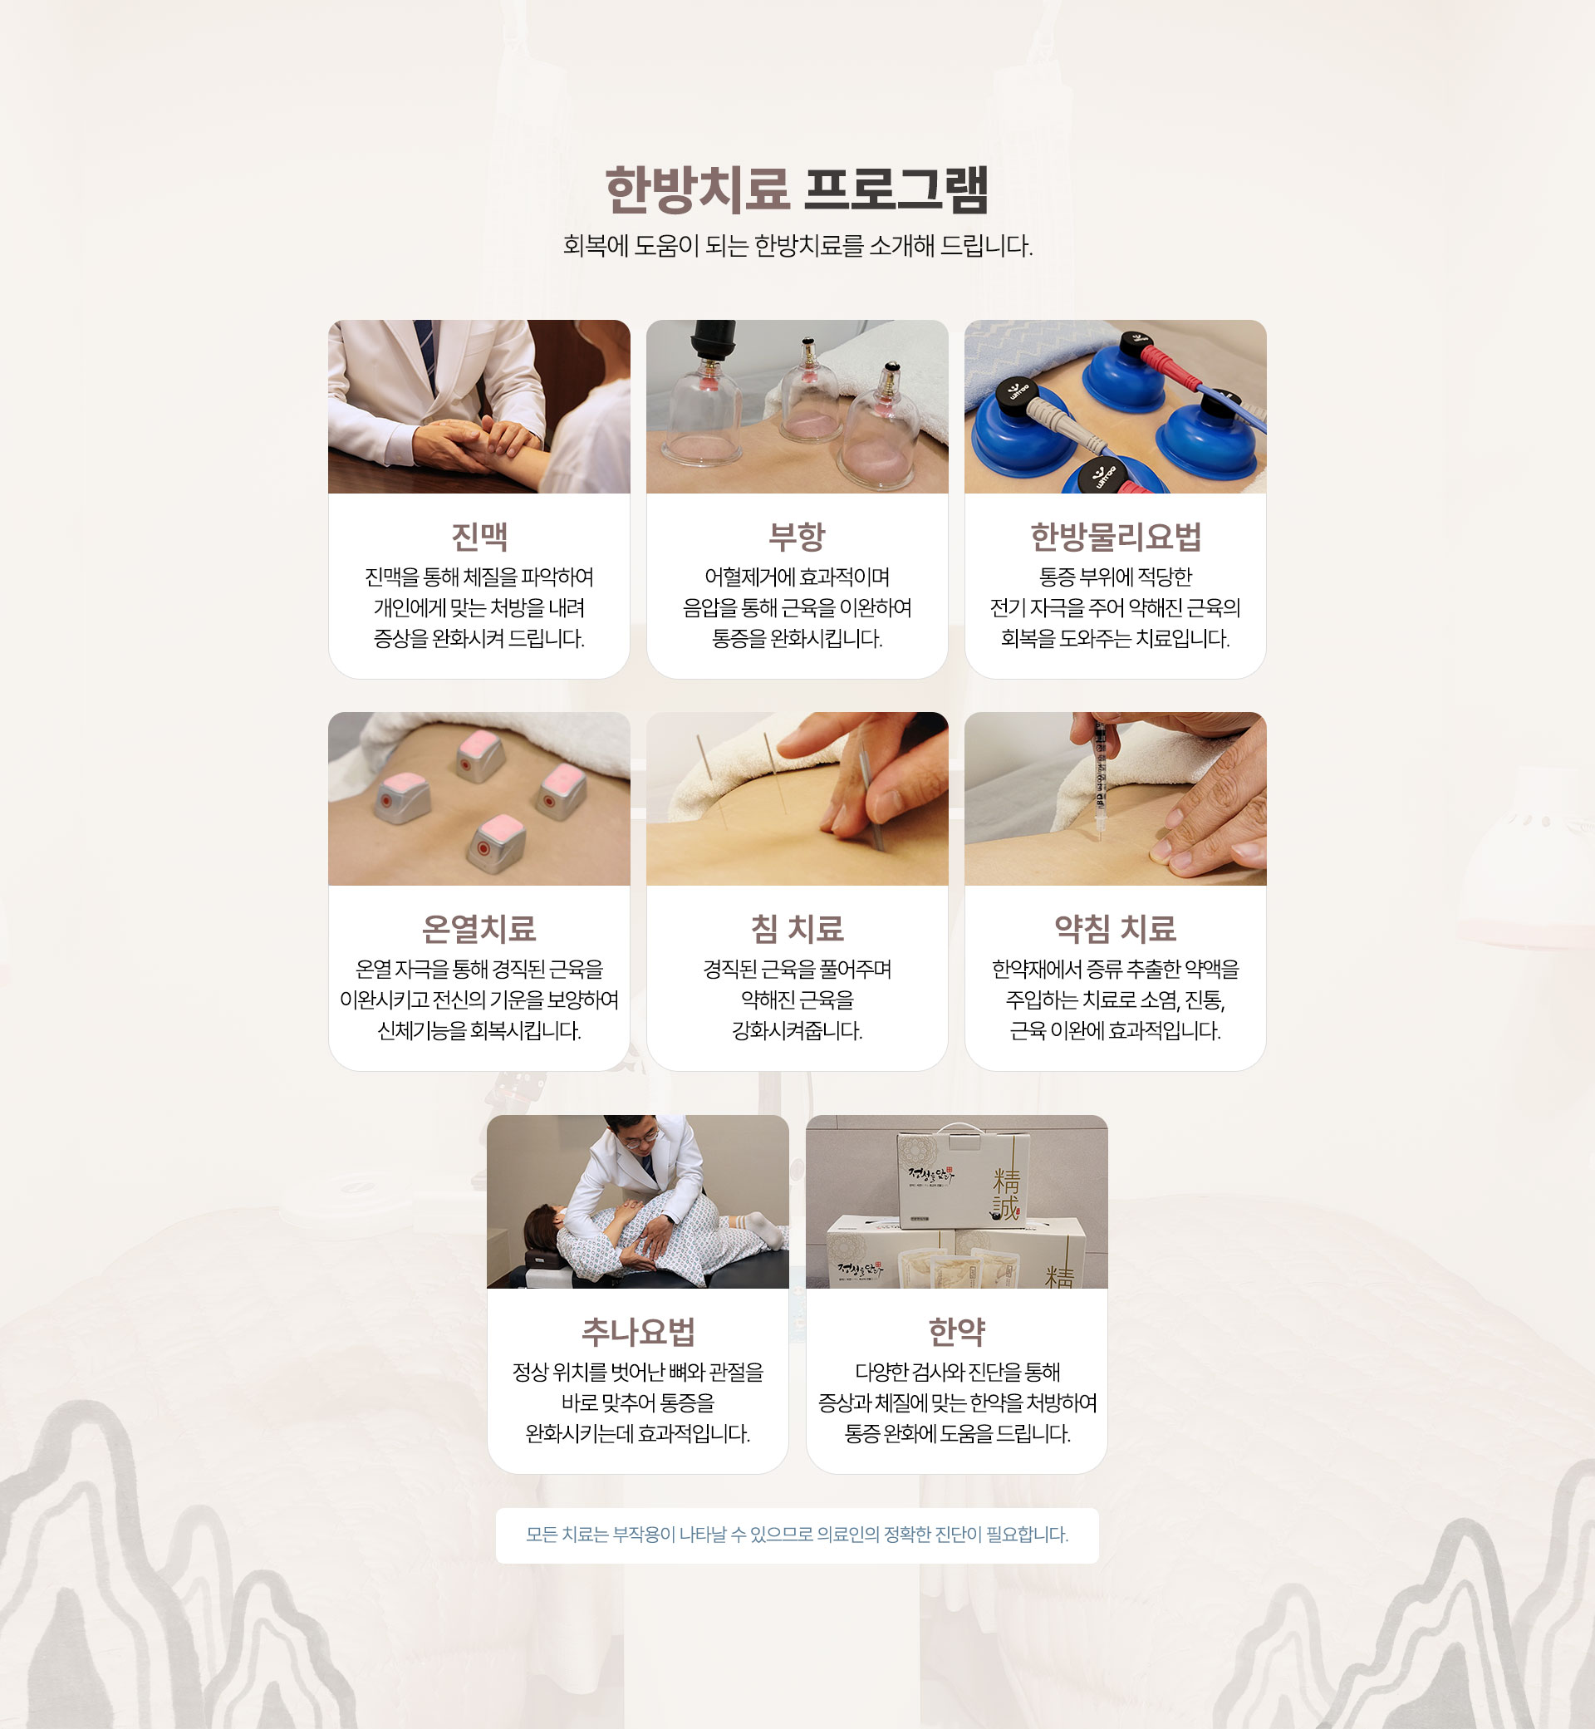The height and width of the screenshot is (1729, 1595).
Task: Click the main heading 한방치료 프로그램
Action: tap(797, 189)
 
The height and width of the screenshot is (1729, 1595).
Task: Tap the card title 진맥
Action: tap(479, 536)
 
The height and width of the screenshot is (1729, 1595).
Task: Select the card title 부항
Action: tap(797, 536)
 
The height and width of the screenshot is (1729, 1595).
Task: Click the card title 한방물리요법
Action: tap(1115, 536)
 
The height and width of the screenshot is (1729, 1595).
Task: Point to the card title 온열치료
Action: tap(479, 928)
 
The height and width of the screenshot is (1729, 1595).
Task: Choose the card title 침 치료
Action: tap(797, 928)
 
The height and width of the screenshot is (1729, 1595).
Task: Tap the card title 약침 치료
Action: tap(1115, 928)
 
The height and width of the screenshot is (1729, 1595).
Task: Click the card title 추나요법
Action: tap(638, 1331)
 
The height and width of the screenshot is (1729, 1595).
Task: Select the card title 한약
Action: tap(956, 1331)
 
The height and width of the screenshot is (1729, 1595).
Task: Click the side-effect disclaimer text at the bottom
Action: tap(797, 1534)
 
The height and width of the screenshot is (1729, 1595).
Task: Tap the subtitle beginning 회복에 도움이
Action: tap(797, 246)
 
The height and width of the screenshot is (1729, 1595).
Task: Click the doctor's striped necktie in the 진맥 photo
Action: tap(426, 353)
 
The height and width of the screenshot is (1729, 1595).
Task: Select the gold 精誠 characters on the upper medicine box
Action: tap(1005, 1194)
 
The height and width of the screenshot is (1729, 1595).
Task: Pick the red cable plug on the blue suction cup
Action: tap(1166, 369)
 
